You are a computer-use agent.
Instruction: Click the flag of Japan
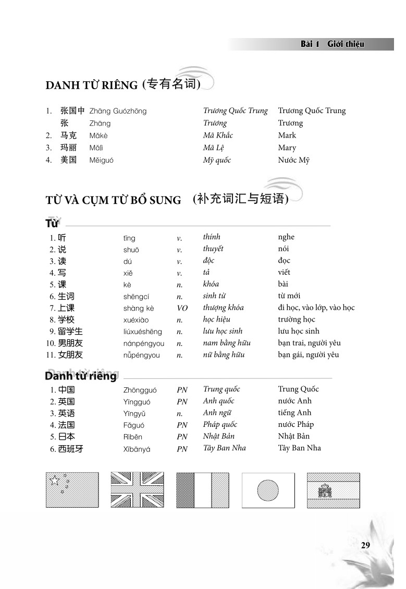tap(268, 490)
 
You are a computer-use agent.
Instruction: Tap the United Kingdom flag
tap(137, 490)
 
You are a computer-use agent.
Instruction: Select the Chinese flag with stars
tap(72, 490)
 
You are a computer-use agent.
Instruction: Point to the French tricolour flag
tap(202, 490)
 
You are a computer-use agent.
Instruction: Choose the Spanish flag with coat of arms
tap(333, 490)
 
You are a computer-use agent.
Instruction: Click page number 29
tap(365, 545)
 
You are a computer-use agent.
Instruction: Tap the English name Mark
tap(287, 136)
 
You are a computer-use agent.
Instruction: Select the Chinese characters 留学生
tap(70, 332)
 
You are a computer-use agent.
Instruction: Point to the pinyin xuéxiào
tap(136, 320)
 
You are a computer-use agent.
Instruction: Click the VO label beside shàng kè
tap(182, 308)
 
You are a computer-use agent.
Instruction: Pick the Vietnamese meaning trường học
tap(296, 320)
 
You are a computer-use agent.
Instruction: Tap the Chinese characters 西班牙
tap(70, 448)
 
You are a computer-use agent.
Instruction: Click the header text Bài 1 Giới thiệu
tap(332, 44)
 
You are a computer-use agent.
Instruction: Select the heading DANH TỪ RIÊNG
tap(91, 85)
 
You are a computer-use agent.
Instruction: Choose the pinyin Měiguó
tap(101, 161)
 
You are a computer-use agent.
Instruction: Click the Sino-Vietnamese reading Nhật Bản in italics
tap(218, 436)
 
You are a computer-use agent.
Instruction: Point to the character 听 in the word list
tap(62, 238)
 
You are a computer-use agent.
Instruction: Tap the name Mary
tap(287, 148)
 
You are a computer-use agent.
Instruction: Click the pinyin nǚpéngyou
tap(141, 355)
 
